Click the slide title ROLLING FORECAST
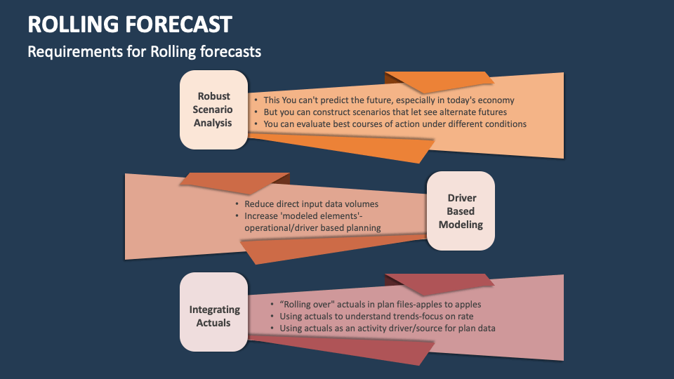point(130,24)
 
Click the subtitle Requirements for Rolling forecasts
point(145,51)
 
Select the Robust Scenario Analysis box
point(213,109)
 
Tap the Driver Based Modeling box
point(461,211)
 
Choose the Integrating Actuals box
point(213,312)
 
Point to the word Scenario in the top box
point(213,109)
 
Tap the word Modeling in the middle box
point(461,225)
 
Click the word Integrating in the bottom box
point(215,310)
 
